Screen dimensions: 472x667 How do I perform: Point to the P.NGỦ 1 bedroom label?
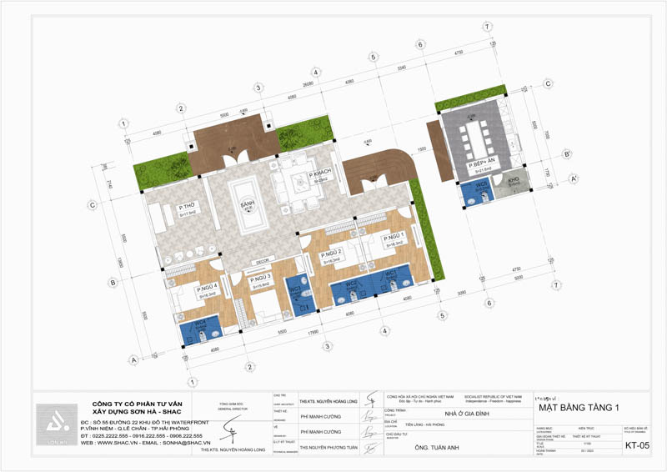tap(393, 237)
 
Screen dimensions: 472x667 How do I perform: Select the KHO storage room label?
tap(514, 179)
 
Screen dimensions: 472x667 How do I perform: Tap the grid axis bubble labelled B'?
tap(567, 153)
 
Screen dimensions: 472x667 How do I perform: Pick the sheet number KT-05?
tap(638, 446)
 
